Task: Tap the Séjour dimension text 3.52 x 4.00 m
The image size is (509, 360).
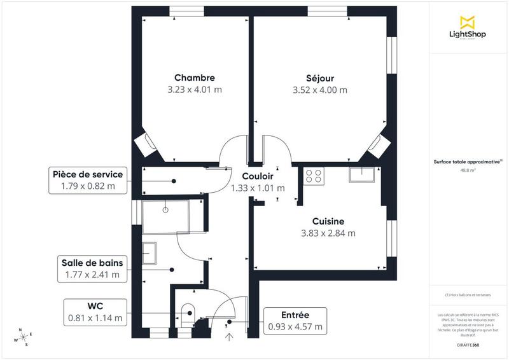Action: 324,90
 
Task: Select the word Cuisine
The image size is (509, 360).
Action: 328,221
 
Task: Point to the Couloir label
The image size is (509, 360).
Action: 257,176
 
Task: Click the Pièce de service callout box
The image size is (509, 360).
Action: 88,180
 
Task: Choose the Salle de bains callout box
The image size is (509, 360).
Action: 92,268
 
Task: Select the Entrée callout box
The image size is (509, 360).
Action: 295,321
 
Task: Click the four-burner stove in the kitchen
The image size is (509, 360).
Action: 314,175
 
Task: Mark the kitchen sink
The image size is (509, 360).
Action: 365,174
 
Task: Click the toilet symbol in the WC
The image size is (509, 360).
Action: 188,312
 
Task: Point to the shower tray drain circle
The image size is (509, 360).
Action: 165,209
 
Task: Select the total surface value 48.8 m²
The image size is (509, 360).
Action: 468,170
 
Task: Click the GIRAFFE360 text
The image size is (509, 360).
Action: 468,343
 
